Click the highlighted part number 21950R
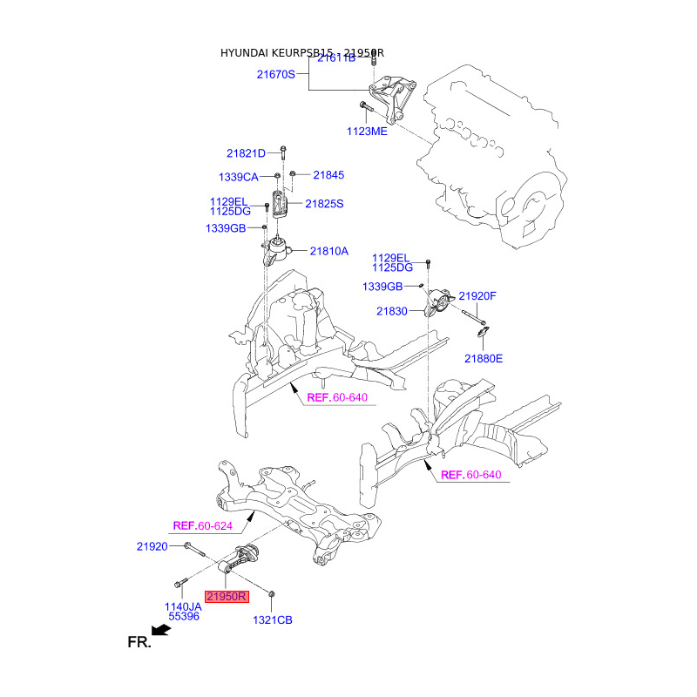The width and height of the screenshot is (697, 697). pos(227,597)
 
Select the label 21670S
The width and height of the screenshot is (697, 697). pos(275,75)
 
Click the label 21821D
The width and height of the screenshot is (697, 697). pos(246,153)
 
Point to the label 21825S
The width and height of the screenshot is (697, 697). pos(324,204)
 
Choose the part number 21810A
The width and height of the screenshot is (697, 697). pos(328,251)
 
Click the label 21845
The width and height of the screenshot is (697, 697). pos(328,175)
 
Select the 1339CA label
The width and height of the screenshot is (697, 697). pos(238,177)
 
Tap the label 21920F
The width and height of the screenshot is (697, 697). pos(477,296)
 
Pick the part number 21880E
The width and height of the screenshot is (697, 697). pos(484,358)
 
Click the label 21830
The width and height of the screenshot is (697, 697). pos(392,310)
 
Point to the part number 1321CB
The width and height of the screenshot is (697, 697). pos(273,620)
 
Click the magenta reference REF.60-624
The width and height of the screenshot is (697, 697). pos(203,525)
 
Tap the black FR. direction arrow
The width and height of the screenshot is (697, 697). pos(159,628)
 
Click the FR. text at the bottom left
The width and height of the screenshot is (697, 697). pos(139,643)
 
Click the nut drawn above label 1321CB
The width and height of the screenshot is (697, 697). pos(272,593)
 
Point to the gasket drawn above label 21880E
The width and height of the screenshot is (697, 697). pos(484,331)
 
